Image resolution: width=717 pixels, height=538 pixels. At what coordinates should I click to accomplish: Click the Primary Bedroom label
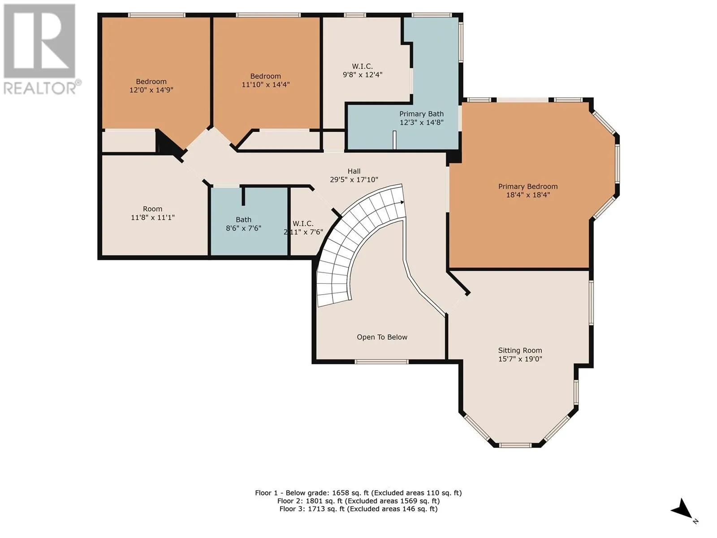[x=528, y=187]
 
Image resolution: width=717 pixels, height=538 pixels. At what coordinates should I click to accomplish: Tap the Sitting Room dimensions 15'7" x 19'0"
[x=520, y=359]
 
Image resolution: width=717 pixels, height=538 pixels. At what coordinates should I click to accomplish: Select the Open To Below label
[x=382, y=337]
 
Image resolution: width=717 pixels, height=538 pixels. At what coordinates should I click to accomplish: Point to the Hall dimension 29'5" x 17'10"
[x=354, y=179]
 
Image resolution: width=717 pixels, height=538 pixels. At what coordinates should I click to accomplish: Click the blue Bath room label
[x=243, y=220]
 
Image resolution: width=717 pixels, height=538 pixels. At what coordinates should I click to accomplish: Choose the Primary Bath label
[x=421, y=114]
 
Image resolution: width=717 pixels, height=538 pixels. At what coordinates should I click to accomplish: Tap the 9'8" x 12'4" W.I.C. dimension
[x=362, y=74]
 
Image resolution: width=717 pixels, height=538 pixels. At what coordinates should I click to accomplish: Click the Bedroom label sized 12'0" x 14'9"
[x=151, y=81]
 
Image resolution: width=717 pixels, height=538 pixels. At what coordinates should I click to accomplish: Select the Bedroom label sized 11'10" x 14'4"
[x=266, y=76]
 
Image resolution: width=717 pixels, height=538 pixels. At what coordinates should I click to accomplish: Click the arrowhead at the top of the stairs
[x=402, y=203]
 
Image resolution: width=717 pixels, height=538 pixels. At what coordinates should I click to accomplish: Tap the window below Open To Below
[x=381, y=362]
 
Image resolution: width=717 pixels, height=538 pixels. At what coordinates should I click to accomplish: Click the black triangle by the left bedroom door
[x=167, y=142]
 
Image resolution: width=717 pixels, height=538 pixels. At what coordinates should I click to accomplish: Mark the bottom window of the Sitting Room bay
[x=516, y=445]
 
